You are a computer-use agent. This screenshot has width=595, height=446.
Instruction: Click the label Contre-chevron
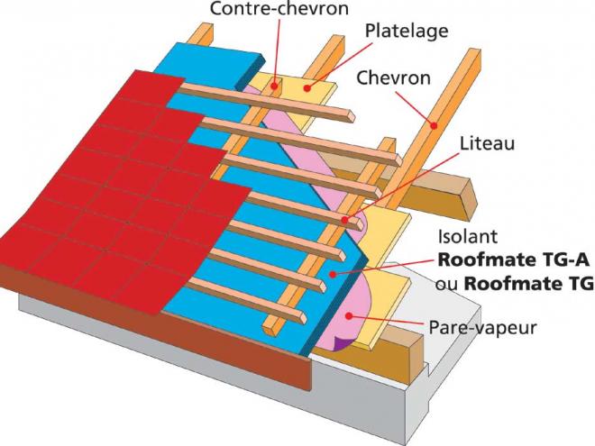[x=279, y=8]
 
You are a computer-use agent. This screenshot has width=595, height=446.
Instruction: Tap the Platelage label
[x=407, y=32]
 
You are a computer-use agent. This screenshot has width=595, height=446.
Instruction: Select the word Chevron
[x=393, y=77]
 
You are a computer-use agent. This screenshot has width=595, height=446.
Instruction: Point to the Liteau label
[x=487, y=144]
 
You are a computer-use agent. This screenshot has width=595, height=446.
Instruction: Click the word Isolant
[x=468, y=237]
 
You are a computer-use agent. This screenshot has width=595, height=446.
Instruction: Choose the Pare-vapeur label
[x=482, y=327]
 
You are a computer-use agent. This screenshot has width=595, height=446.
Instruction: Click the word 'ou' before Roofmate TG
[x=446, y=285]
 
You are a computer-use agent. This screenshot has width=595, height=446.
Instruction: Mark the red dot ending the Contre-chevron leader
[x=274, y=86]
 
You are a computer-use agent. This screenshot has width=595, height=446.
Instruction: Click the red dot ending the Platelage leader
[x=307, y=88]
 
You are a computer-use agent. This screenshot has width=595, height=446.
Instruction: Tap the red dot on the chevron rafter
[x=434, y=124]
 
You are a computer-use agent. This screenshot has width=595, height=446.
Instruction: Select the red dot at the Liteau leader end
[x=344, y=220]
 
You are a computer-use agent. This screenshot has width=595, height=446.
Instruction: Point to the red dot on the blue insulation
[x=333, y=274]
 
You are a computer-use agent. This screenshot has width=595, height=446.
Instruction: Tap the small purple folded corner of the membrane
[x=343, y=342]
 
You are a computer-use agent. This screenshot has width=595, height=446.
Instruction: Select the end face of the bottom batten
[x=302, y=317]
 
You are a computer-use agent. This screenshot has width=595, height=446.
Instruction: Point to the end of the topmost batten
[x=351, y=116]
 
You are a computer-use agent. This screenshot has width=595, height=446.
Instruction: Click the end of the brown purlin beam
[x=468, y=199]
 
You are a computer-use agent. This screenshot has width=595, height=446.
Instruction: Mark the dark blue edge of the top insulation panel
[x=250, y=72]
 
